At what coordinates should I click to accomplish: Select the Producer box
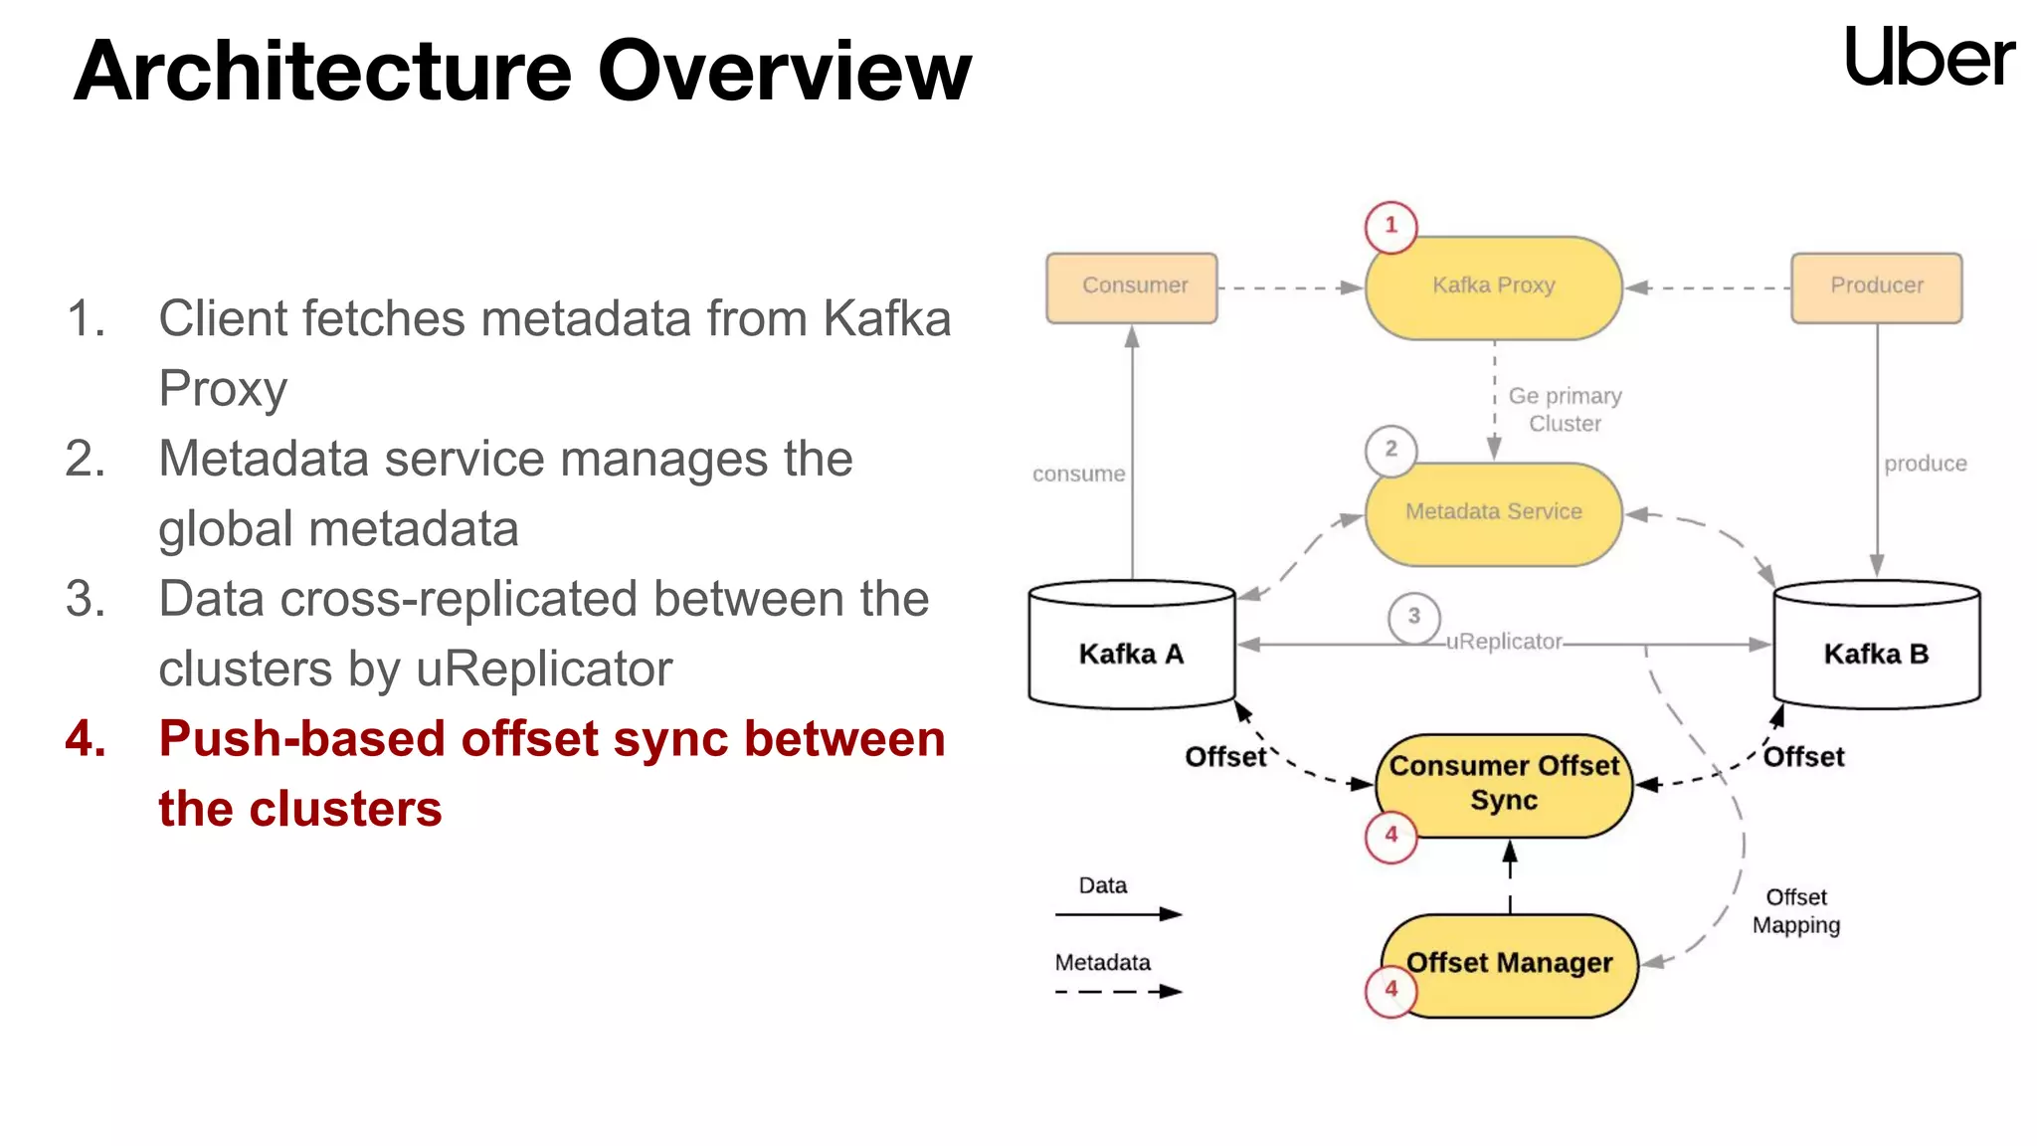click(x=1876, y=287)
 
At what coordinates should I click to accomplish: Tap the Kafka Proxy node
click(x=1493, y=287)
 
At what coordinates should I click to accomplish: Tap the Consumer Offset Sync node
click(x=1504, y=785)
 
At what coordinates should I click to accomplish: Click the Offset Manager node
click(x=1510, y=964)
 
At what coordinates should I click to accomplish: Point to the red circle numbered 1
click(x=1390, y=227)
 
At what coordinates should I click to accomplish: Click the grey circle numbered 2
click(x=1390, y=450)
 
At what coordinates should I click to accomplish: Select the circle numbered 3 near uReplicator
click(x=1413, y=617)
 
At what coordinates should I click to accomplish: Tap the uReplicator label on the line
click(x=1504, y=642)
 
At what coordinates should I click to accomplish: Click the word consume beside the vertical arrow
click(x=1078, y=475)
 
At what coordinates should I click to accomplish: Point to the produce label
click(x=1925, y=464)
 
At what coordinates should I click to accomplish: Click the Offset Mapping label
click(x=1795, y=911)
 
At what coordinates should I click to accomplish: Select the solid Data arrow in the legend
click(x=1118, y=913)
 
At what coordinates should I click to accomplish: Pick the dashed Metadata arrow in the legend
click(x=1118, y=991)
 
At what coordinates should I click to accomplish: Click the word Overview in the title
click(x=784, y=72)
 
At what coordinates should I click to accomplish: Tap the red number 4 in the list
click(x=86, y=739)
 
